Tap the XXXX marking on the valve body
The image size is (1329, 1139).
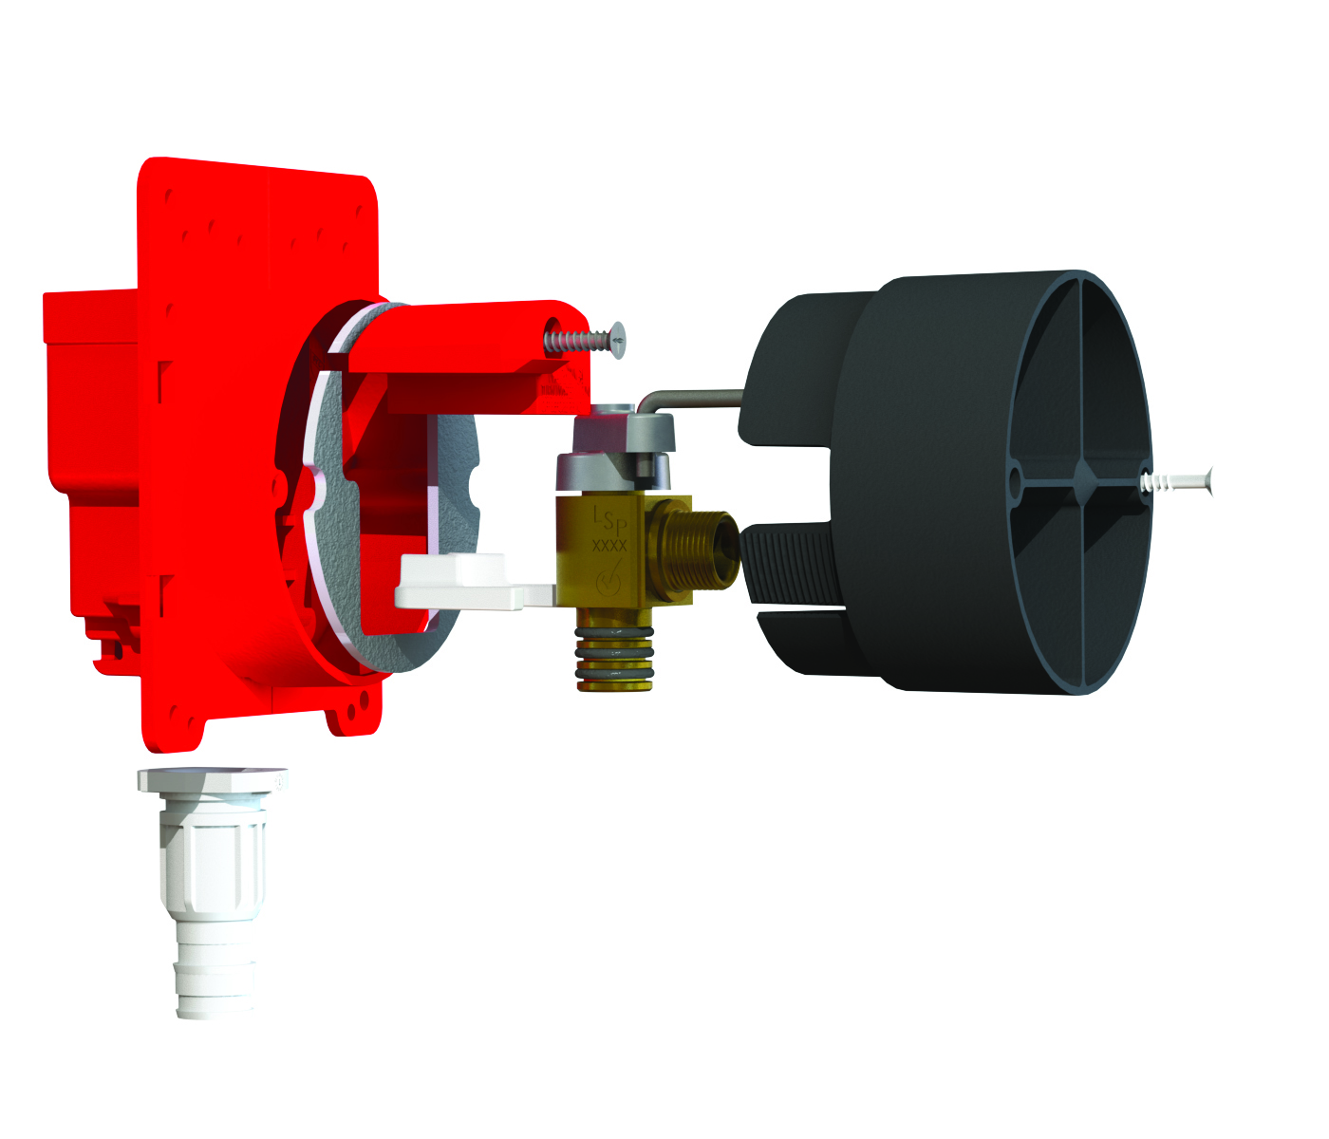click(608, 546)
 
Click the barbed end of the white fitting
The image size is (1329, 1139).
click(216, 978)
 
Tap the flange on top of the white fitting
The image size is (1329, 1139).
click(212, 779)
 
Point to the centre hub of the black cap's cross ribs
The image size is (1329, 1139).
click(1081, 474)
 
